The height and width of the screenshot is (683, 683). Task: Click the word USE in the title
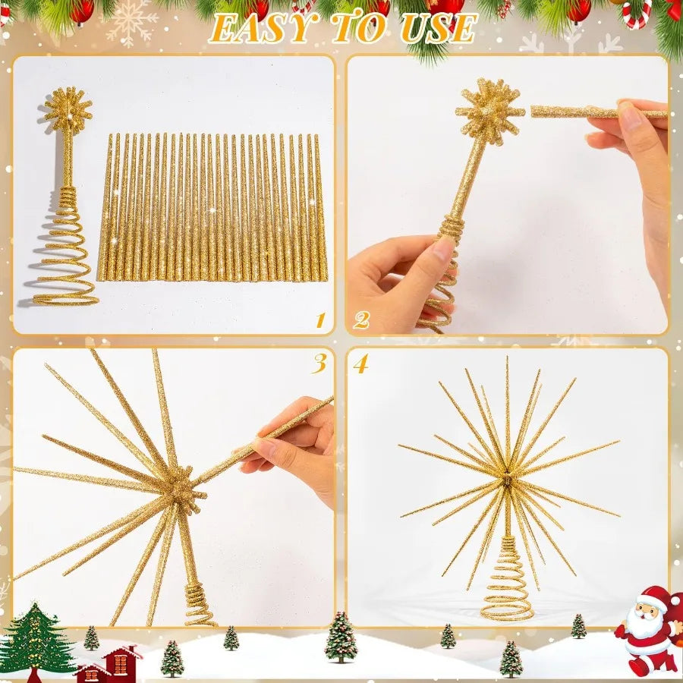coord(439,28)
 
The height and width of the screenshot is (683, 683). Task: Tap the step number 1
coord(319,320)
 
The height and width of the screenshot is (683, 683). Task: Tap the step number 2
coord(360,320)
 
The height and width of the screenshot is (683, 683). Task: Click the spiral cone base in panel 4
coord(507,584)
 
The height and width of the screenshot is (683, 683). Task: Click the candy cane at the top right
coord(636,13)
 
